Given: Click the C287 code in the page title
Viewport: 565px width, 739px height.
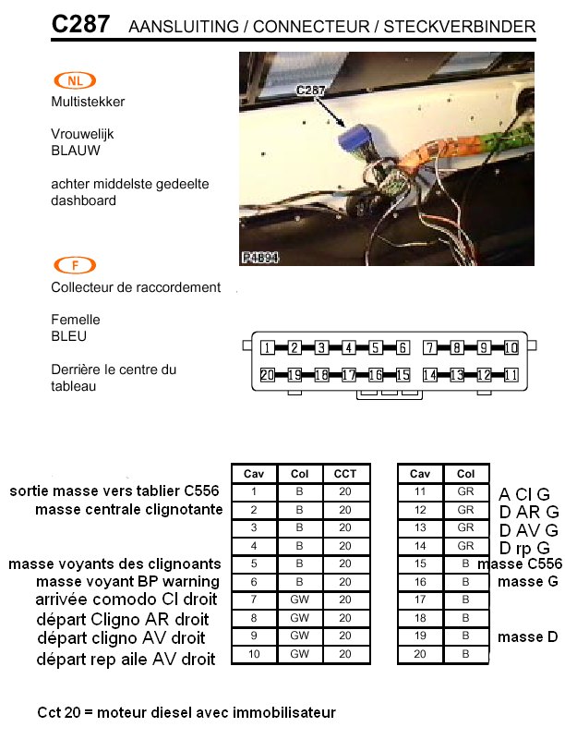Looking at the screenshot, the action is click(80, 24).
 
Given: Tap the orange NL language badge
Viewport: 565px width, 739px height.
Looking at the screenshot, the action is click(75, 80).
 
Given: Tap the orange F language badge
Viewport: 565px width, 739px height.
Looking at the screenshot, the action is click(75, 265).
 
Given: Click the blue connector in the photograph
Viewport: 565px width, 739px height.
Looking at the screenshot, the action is click(355, 138).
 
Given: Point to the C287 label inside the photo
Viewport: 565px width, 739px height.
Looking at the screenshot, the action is click(310, 90).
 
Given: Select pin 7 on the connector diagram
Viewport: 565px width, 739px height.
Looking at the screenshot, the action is click(430, 348).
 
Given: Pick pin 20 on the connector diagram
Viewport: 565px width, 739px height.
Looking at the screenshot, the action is click(268, 375).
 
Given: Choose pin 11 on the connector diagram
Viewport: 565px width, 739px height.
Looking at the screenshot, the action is click(511, 375).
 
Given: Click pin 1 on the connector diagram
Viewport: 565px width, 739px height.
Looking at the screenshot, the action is click(268, 348).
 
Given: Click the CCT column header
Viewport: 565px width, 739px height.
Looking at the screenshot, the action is click(345, 474).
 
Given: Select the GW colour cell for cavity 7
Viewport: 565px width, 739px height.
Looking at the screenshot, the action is click(299, 600).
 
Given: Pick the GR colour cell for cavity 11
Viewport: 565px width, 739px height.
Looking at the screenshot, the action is click(465, 491).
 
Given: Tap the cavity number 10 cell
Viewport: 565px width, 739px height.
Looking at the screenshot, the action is click(254, 654).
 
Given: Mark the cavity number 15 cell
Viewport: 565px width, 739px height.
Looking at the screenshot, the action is click(420, 563).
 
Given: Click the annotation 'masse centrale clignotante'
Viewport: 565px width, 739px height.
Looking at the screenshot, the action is click(129, 510).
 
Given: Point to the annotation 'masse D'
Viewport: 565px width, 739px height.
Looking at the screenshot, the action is click(528, 636).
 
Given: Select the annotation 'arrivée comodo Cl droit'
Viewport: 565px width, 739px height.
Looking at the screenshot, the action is click(126, 599).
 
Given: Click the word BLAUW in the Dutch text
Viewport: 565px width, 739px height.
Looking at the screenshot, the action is click(76, 151).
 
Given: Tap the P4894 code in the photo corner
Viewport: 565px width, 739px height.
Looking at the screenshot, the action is click(260, 258).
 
